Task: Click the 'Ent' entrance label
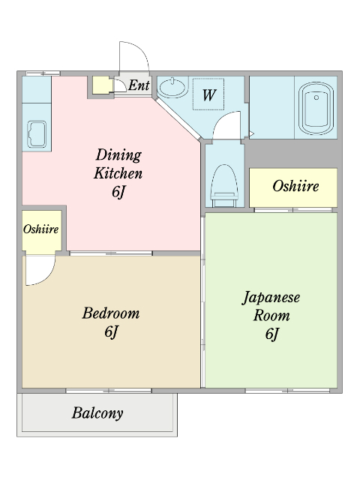click(x=139, y=85)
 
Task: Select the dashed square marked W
click(x=209, y=94)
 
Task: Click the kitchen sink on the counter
click(x=36, y=133)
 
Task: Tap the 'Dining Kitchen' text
click(x=118, y=164)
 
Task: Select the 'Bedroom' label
click(x=110, y=313)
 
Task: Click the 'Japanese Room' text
click(x=271, y=306)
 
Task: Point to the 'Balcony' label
click(x=97, y=413)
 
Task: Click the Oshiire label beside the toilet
click(x=295, y=186)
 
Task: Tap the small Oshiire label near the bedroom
click(x=41, y=229)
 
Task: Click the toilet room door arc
click(x=227, y=124)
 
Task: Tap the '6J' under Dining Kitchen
click(x=118, y=192)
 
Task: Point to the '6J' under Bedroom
click(x=110, y=331)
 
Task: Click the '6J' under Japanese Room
click(x=271, y=334)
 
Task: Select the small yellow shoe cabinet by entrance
click(x=100, y=85)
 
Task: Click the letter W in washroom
click(x=209, y=95)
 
